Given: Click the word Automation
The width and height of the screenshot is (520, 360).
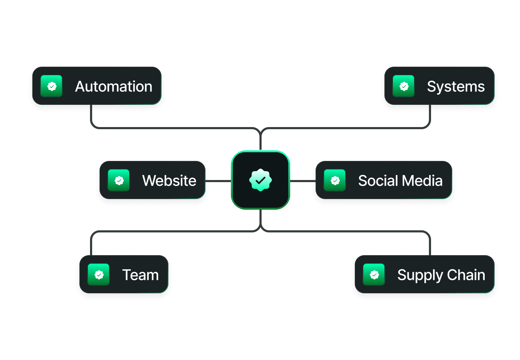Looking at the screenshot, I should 114,86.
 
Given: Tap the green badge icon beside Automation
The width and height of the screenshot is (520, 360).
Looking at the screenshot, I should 52,86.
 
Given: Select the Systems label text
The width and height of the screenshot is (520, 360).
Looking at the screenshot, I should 456,86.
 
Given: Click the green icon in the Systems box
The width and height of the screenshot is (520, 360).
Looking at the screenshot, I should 404,86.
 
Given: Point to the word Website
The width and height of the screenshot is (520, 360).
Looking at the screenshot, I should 169,181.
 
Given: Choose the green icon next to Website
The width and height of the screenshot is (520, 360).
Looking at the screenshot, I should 119,180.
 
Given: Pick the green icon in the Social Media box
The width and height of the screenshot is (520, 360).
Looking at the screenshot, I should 335,180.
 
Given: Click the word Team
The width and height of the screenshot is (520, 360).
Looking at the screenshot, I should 141,275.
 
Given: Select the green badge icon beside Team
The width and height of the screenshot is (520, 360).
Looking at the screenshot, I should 99,275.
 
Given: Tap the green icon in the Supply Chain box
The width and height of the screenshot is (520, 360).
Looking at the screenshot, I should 374,275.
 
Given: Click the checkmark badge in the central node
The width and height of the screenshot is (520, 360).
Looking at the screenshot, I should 261,180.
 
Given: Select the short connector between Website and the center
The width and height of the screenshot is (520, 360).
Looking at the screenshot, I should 218,181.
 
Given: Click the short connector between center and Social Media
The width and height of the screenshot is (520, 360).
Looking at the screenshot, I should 303,181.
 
